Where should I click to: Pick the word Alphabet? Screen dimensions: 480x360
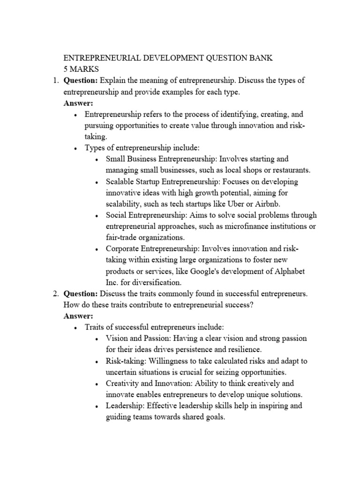click(288, 272)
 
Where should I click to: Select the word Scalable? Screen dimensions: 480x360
click(121, 181)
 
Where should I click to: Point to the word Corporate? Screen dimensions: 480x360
click(123, 249)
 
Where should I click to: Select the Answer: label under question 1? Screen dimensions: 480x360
click(78, 103)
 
